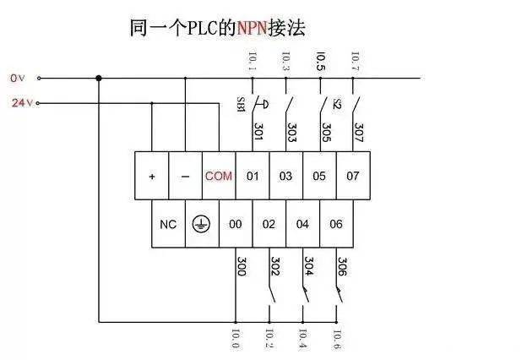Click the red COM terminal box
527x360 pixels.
[218, 177]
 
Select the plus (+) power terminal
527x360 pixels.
[152, 177]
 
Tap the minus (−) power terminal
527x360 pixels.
[185, 177]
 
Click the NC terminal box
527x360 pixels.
[168, 224]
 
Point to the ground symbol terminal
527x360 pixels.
[201, 224]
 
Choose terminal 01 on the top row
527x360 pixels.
[252, 177]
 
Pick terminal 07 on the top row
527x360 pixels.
[353, 177]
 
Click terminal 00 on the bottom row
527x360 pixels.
[235, 224]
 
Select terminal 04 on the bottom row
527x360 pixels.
[302, 224]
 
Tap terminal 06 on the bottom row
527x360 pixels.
[336, 224]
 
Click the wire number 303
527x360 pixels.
[291, 134]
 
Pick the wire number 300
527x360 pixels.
[241, 266]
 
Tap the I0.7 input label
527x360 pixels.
[355, 61]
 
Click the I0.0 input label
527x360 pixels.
[236, 341]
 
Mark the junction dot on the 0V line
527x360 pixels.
[99, 79]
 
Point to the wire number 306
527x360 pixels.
[343, 266]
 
